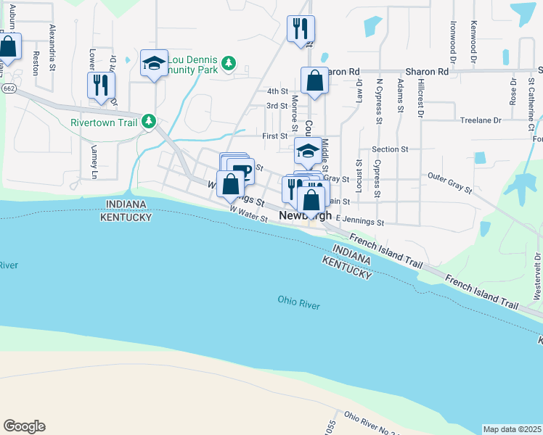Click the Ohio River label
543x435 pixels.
(x=298, y=303)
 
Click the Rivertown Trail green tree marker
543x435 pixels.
(x=149, y=120)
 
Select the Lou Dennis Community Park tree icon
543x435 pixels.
(x=229, y=64)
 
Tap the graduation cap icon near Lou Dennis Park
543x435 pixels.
(x=154, y=63)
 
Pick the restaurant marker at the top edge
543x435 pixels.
(x=300, y=29)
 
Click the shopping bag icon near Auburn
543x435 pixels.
(x=8, y=46)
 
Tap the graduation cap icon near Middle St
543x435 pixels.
(x=308, y=153)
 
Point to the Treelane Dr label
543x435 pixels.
(x=481, y=121)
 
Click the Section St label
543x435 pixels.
(x=385, y=149)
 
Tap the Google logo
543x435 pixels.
(x=24, y=426)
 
